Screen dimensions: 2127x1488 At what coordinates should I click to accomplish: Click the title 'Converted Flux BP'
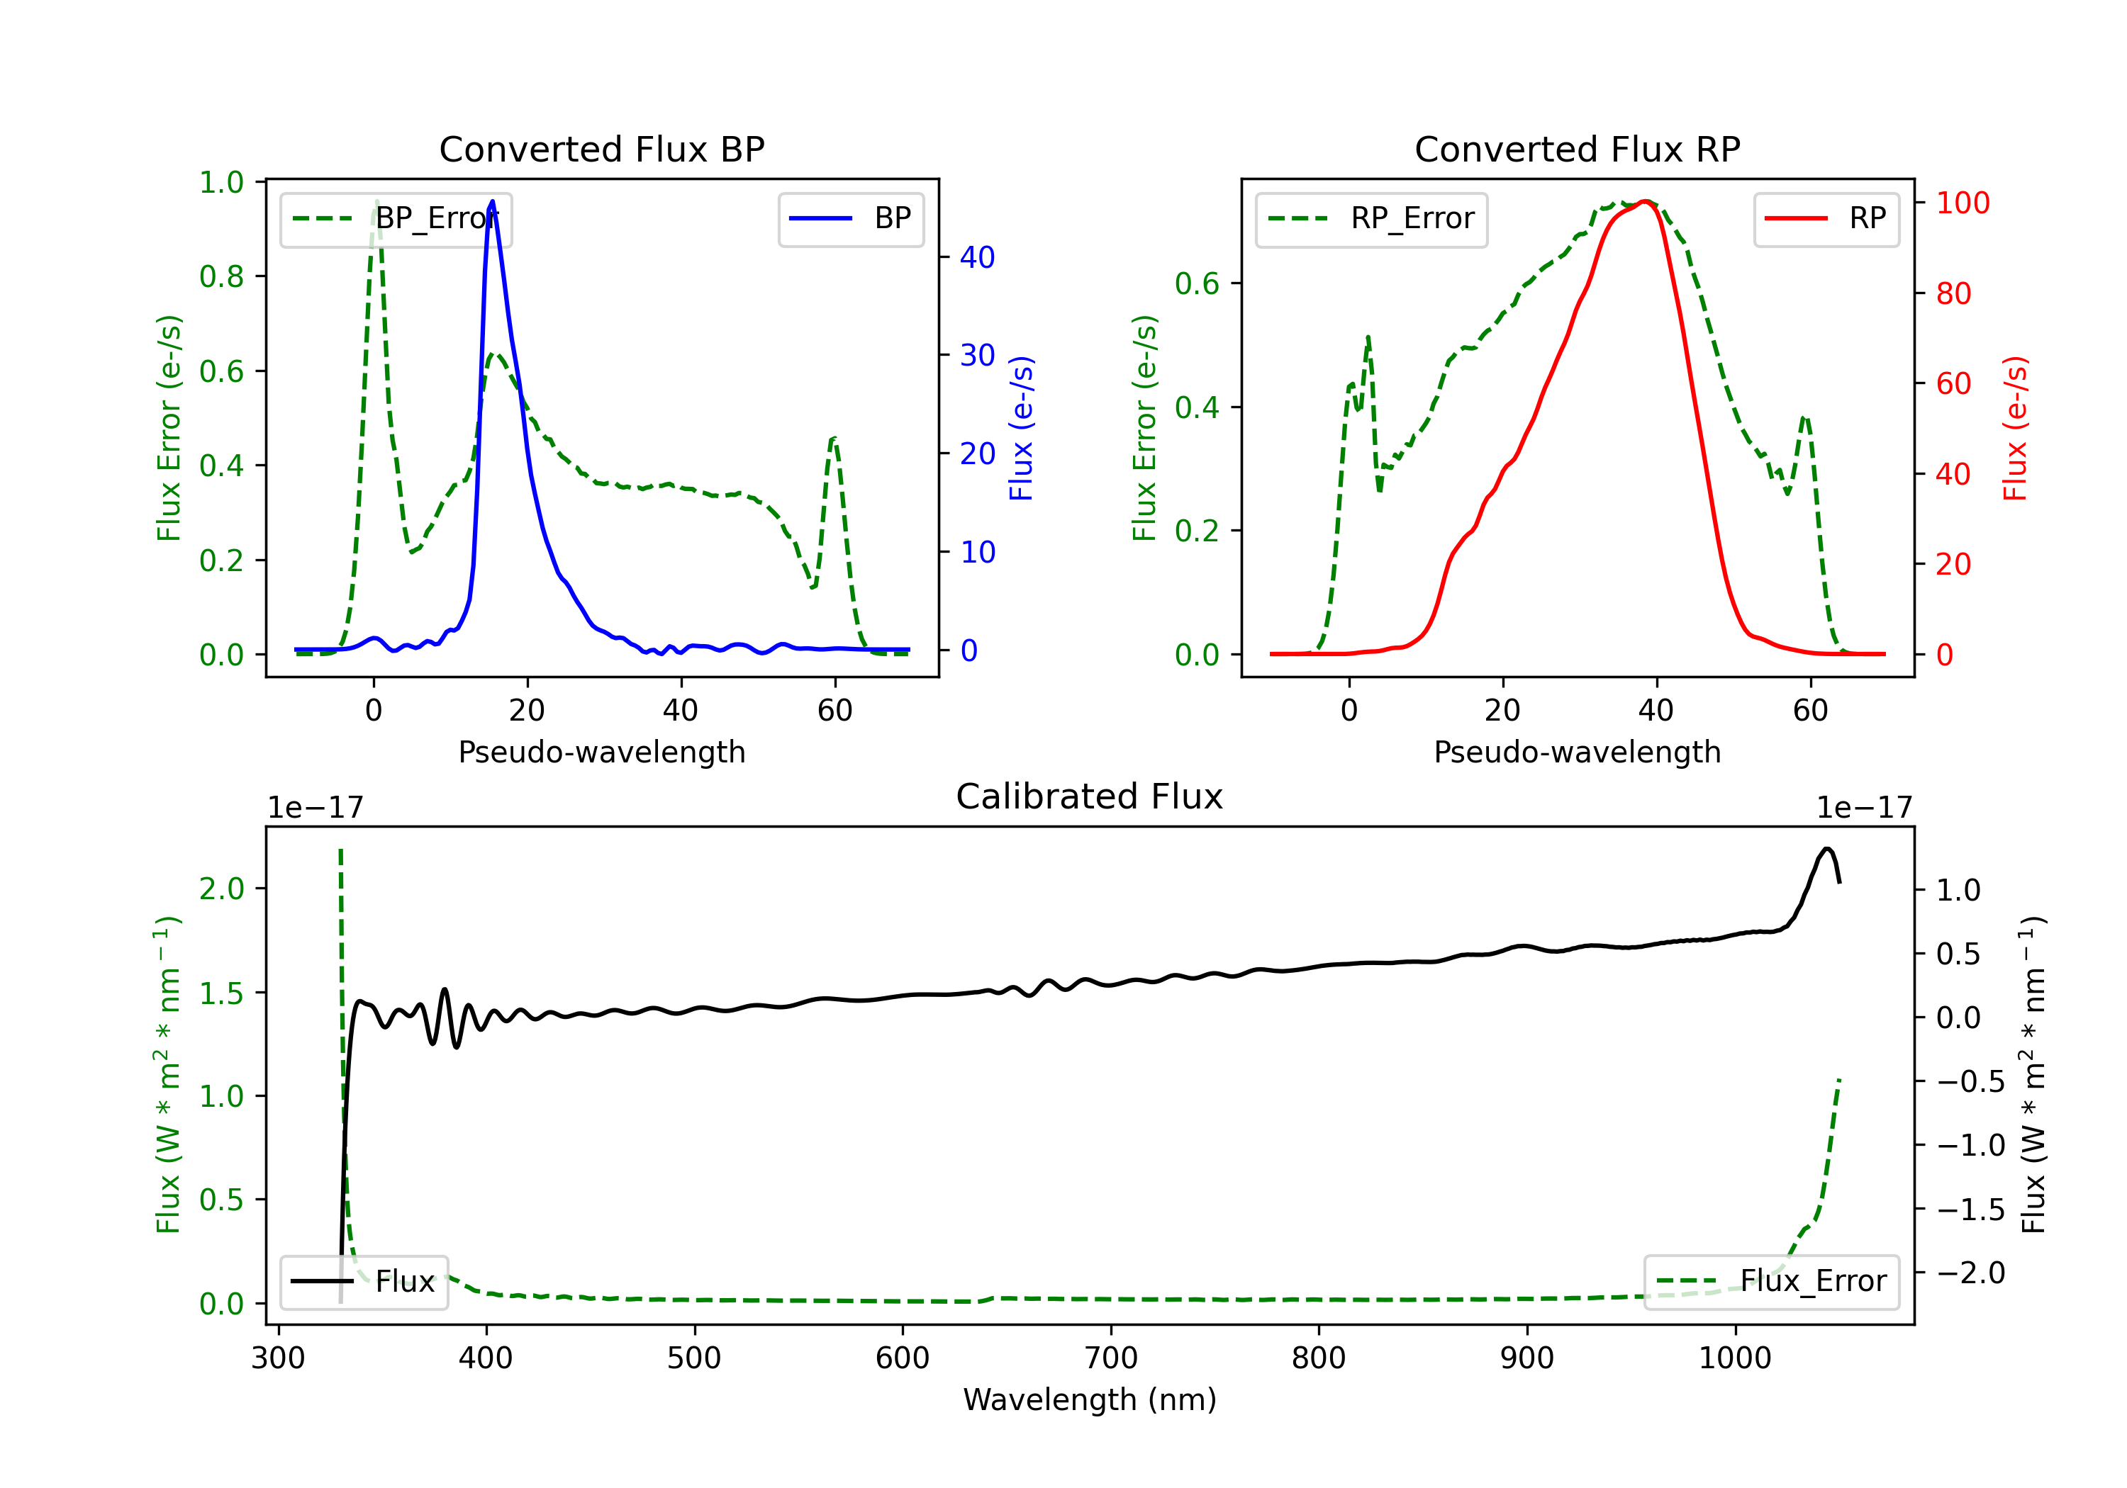601,149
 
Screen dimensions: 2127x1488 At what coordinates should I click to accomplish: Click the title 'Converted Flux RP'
1577,149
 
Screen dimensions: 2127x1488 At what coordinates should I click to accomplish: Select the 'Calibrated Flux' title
1090,796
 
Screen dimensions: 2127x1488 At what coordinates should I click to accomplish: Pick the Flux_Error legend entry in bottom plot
1771,1282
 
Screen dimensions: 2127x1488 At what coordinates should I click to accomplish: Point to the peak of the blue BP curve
492,201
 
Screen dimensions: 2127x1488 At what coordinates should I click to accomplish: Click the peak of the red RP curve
1644,201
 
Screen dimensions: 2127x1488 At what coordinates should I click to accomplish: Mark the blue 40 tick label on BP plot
977,257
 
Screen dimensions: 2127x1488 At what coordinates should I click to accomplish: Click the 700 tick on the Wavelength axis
1111,1358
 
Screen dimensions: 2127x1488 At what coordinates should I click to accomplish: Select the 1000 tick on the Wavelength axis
1734,1358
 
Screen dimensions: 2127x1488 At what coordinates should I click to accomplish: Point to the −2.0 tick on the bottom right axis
1970,1273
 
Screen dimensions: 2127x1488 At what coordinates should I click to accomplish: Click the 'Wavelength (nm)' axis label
1090,1400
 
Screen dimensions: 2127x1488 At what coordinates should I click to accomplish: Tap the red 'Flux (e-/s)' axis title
2016,429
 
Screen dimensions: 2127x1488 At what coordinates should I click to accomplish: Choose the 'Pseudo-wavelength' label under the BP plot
602,752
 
